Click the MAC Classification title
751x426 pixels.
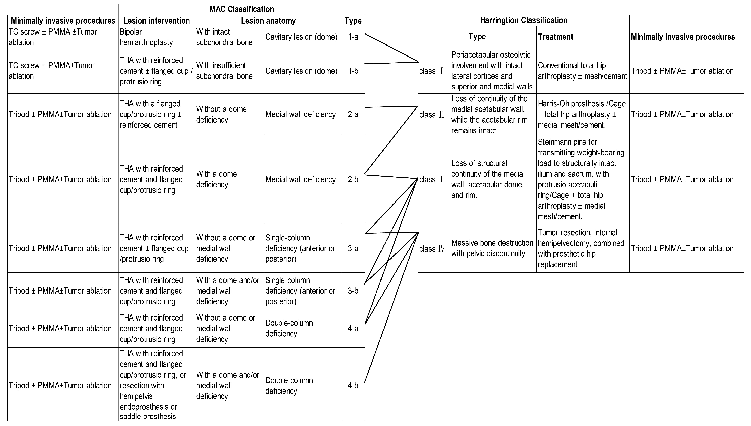(x=242, y=9)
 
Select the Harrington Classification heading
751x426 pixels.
(x=523, y=20)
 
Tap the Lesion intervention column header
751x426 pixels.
(x=156, y=20)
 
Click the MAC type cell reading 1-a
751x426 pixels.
(x=353, y=37)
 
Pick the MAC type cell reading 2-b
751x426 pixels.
(x=353, y=179)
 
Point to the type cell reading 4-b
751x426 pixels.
(x=353, y=385)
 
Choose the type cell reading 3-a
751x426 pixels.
(x=353, y=248)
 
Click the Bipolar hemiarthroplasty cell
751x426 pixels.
(x=156, y=37)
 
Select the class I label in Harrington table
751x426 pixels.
(x=432, y=71)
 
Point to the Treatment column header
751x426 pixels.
(x=555, y=37)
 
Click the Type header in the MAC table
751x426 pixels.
(x=353, y=20)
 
